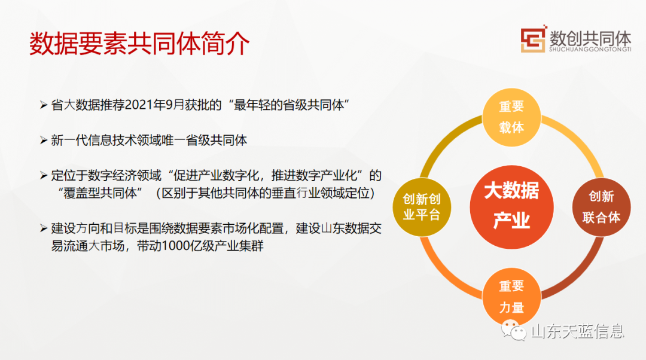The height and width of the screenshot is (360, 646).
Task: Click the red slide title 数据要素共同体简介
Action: (139, 43)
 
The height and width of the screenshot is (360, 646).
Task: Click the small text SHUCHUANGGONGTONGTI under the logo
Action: (590, 50)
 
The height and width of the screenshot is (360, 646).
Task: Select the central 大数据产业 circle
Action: (511, 207)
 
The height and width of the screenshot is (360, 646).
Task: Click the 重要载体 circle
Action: (511, 117)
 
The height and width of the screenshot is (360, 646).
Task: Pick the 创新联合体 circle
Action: (602, 207)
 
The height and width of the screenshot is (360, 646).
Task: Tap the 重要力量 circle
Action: (511, 297)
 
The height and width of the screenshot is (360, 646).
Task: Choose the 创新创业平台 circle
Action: (422, 207)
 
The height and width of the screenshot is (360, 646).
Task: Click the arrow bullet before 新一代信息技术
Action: (44, 141)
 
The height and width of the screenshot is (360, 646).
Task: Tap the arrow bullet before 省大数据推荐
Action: (44, 105)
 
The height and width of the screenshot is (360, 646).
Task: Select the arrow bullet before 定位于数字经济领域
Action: (44, 176)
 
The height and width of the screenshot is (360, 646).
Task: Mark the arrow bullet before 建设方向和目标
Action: (44, 228)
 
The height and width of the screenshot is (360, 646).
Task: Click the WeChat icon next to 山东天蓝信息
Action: (514, 330)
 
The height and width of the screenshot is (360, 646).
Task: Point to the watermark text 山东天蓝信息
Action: (578, 331)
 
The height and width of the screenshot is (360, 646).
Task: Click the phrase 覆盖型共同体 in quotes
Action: (100, 193)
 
